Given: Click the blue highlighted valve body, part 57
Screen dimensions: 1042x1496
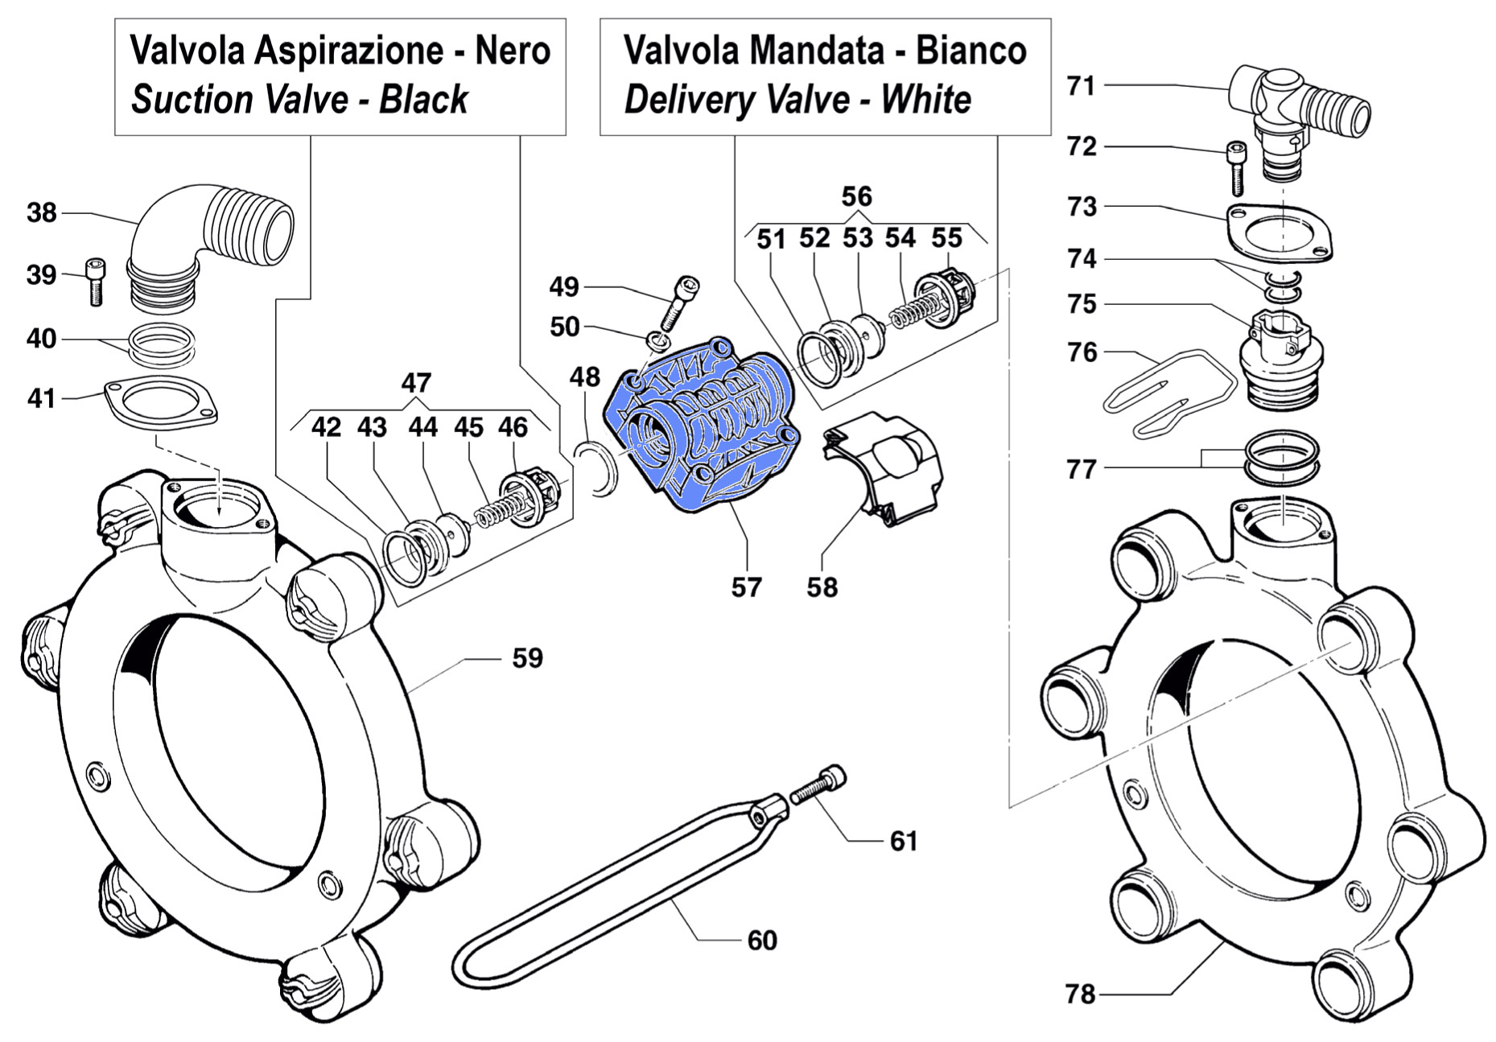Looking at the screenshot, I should (704, 426).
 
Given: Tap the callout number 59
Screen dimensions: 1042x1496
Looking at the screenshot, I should (528, 658).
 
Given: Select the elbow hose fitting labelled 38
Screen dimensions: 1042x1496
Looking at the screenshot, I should (217, 241).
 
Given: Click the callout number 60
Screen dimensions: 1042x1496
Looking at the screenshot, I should (761, 940).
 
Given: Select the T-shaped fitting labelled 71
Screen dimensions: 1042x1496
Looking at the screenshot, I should (1296, 105).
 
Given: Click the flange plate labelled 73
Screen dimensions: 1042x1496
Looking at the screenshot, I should (1279, 234).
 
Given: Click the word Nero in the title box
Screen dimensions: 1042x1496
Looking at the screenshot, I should (513, 51).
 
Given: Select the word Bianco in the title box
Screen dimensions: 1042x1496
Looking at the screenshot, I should (971, 51).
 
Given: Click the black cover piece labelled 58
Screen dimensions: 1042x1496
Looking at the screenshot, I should (885, 467).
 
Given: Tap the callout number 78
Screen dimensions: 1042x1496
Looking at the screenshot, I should (1081, 995).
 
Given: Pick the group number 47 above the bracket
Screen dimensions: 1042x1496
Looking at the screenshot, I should (416, 382).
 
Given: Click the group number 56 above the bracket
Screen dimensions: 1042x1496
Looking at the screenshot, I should (857, 196).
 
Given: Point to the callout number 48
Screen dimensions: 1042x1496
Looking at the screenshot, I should (585, 377).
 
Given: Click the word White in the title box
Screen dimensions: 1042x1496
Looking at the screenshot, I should (926, 101).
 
